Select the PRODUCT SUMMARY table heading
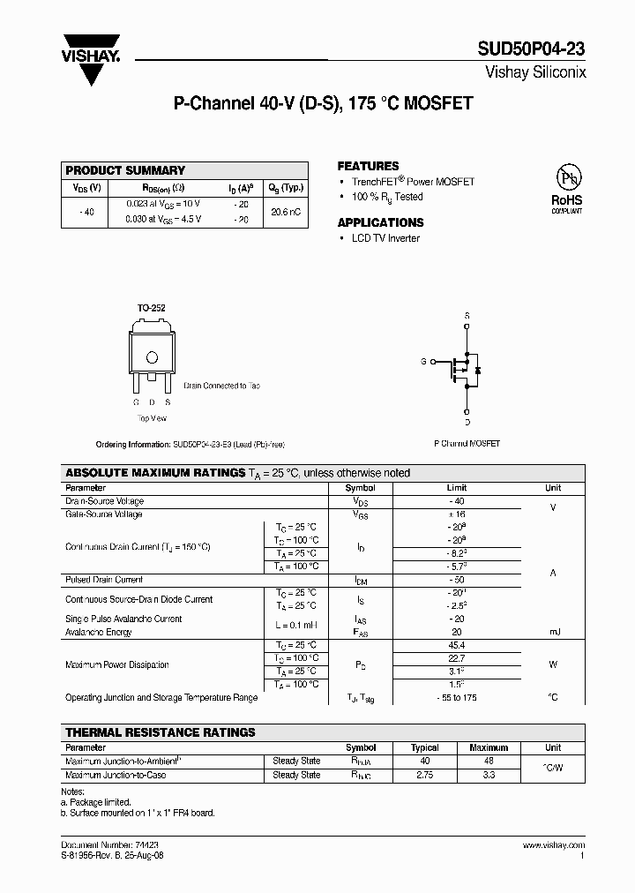coord(126,170)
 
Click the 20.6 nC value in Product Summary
coord(286,212)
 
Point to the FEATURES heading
coord(368,166)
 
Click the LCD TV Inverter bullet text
coord(386,238)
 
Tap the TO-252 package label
coord(151,308)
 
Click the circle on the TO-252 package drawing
coord(152,357)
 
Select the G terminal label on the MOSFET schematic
coord(423,362)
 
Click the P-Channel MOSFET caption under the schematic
coord(467,443)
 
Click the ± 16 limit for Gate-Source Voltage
coord(457,514)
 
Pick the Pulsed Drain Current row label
coord(104,580)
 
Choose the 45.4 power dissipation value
coord(457,645)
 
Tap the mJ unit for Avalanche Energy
coord(553,632)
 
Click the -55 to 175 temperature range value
coord(457,697)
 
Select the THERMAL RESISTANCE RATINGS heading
coord(161,732)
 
